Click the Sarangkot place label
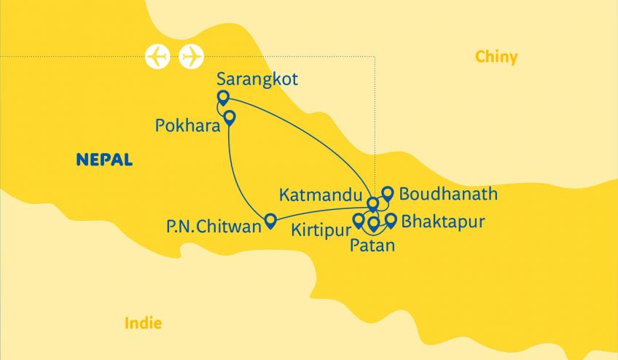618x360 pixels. (258, 80)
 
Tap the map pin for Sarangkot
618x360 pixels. (224, 98)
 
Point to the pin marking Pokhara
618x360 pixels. (230, 117)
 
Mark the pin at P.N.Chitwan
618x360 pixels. (270, 220)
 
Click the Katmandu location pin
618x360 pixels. (373, 203)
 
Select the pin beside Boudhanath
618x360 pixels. (388, 193)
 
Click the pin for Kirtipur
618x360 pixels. (359, 220)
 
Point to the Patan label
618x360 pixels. (372, 246)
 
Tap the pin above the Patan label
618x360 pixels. (374, 223)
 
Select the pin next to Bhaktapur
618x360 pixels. (391, 219)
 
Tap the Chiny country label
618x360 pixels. (496, 57)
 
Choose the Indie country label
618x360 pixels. (144, 323)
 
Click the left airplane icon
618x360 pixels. (158, 56)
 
